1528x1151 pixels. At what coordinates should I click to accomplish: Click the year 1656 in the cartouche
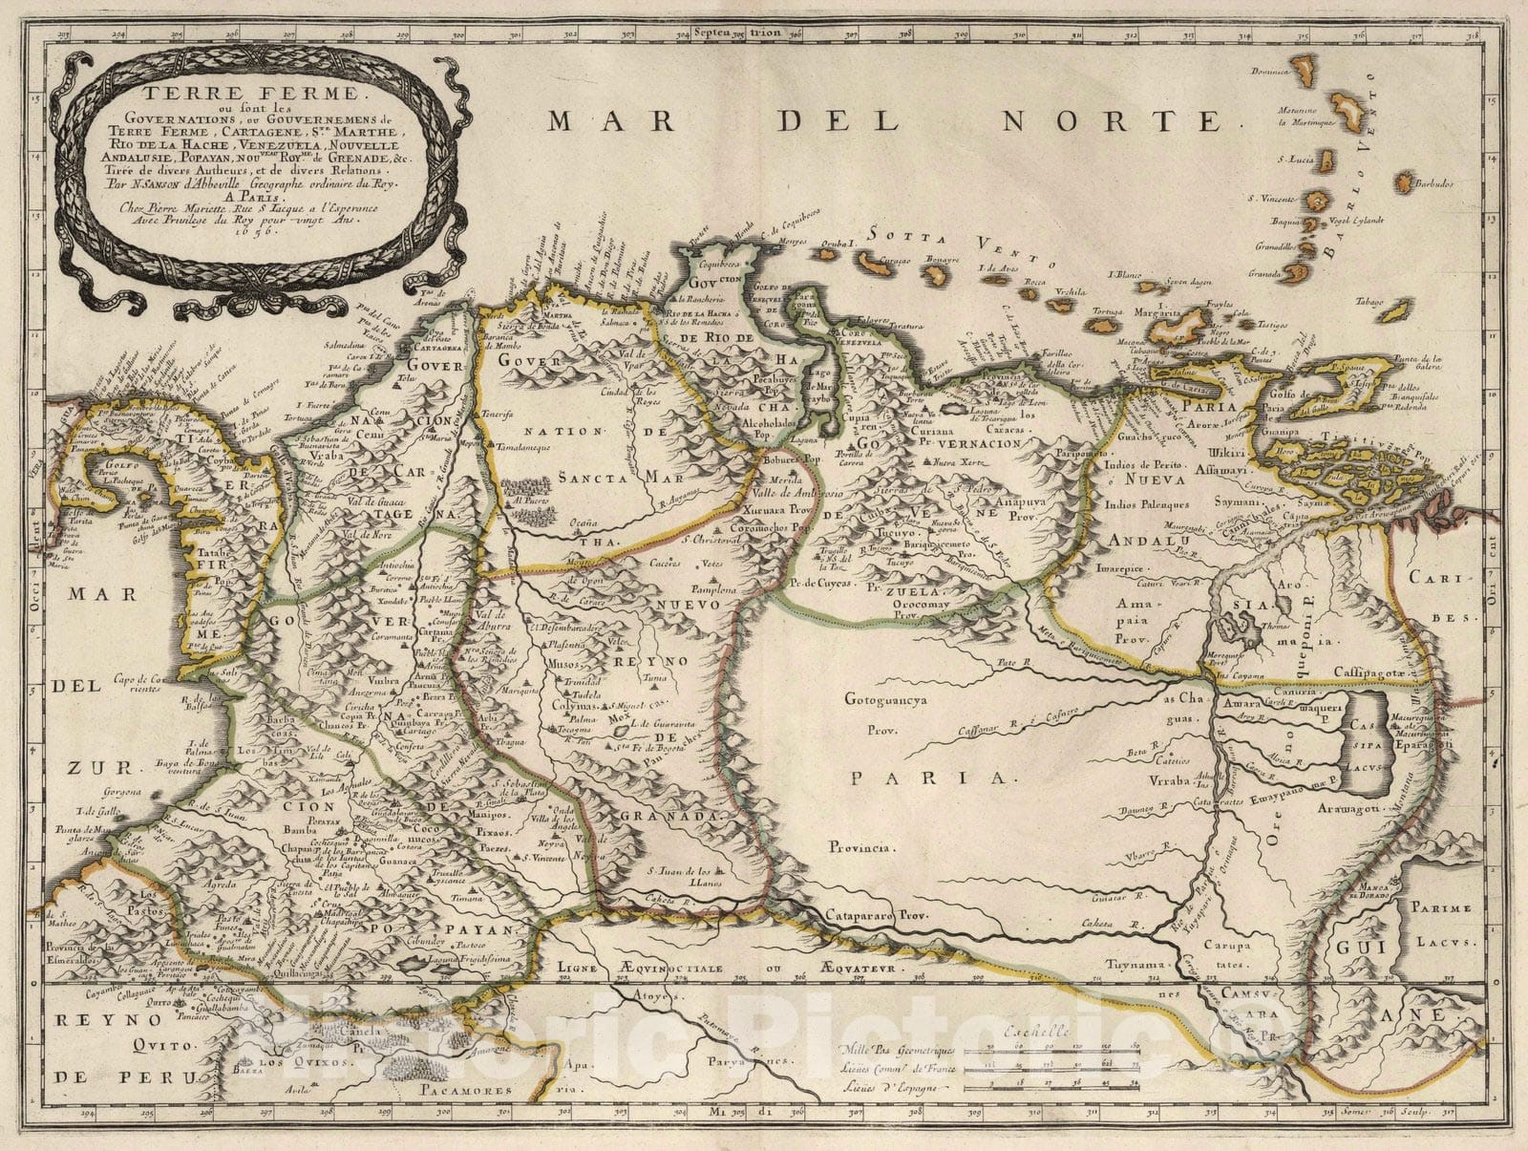pos(235,230)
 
